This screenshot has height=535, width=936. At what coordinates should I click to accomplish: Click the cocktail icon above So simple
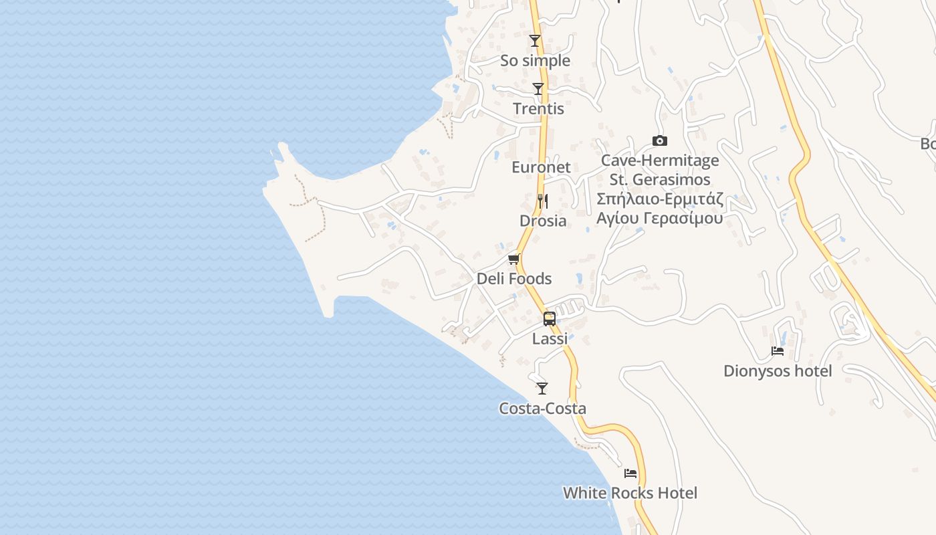coord(535,41)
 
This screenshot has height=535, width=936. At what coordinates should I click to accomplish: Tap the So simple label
coord(535,61)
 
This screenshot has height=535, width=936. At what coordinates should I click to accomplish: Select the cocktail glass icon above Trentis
coord(538,89)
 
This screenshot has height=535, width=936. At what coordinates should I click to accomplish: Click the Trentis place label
coord(538,109)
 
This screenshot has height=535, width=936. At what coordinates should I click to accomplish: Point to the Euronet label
coord(541,167)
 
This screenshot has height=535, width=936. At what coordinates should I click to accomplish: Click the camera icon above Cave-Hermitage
coord(659,140)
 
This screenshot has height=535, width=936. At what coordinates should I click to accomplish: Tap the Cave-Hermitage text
coord(660,160)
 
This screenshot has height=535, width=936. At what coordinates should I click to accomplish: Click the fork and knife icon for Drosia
coord(543,201)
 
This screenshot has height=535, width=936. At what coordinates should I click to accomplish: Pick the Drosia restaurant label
coord(543,221)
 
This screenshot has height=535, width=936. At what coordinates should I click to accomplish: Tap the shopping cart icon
coord(513,259)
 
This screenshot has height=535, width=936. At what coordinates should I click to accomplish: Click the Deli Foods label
coord(514,279)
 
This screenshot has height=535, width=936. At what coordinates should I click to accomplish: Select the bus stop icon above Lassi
coord(550,319)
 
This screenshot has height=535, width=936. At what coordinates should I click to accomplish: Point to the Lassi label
coord(550,339)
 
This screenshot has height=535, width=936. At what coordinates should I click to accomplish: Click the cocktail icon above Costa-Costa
coord(542,389)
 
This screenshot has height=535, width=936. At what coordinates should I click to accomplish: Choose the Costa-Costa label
coord(542,409)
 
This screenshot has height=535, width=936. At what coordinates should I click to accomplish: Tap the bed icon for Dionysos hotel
coord(778,351)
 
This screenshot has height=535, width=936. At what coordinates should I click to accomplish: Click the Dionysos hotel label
coord(778,371)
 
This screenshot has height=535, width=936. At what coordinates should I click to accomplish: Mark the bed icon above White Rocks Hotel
coord(630,473)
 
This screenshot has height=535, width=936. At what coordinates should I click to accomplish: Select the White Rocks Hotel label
coord(630,494)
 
